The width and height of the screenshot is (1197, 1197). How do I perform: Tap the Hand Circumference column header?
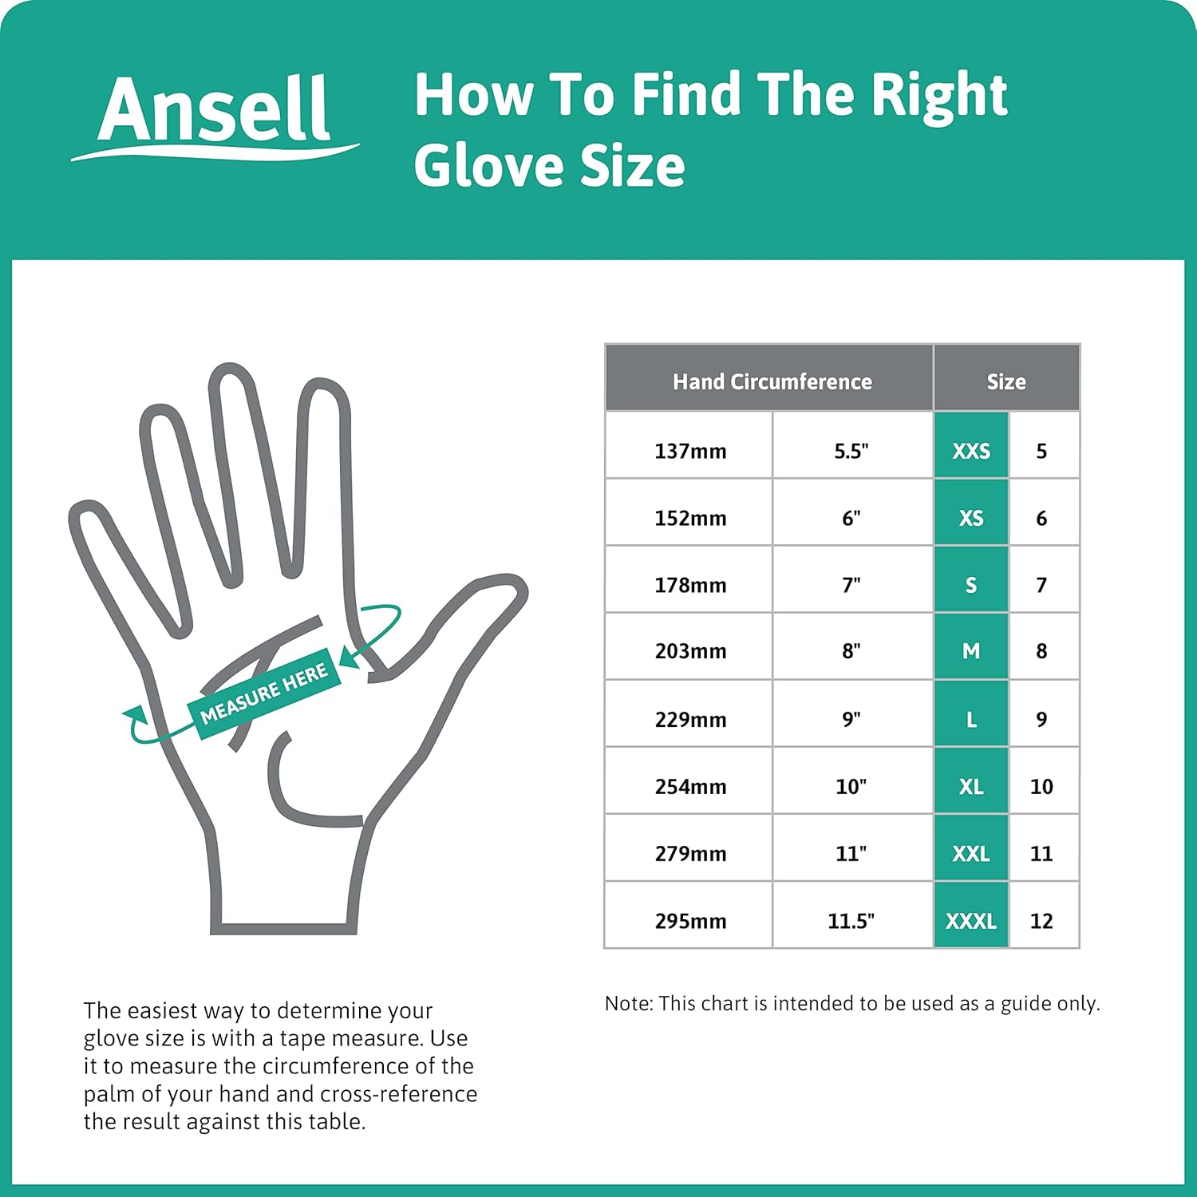pyautogui.click(x=771, y=381)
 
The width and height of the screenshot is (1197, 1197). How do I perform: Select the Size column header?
pyautogui.click(x=1005, y=381)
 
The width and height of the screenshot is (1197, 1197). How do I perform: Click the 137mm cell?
pyautogui.click(x=690, y=451)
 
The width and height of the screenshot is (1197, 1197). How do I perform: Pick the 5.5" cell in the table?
pyautogui.click(x=851, y=451)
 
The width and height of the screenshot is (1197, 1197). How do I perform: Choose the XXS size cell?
pyautogui.click(x=970, y=451)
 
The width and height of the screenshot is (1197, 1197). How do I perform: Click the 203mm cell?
pyautogui.click(x=690, y=651)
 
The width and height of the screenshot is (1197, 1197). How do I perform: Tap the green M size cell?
pyautogui.click(x=970, y=651)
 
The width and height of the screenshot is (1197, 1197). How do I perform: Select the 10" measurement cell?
pyautogui.click(x=851, y=786)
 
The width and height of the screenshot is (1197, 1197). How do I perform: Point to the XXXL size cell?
pyautogui.click(x=970, y=921)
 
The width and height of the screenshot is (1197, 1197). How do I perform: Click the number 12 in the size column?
pyautogui.click(x=1041, y=921)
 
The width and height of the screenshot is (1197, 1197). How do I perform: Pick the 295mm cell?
pyautogui.click(x=690, y=921)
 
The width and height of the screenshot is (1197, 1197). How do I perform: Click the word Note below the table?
pyautogui.click(x=627, y=1003)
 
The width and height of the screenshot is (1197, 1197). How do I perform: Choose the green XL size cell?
pyautogui.click(x=970, y=786)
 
